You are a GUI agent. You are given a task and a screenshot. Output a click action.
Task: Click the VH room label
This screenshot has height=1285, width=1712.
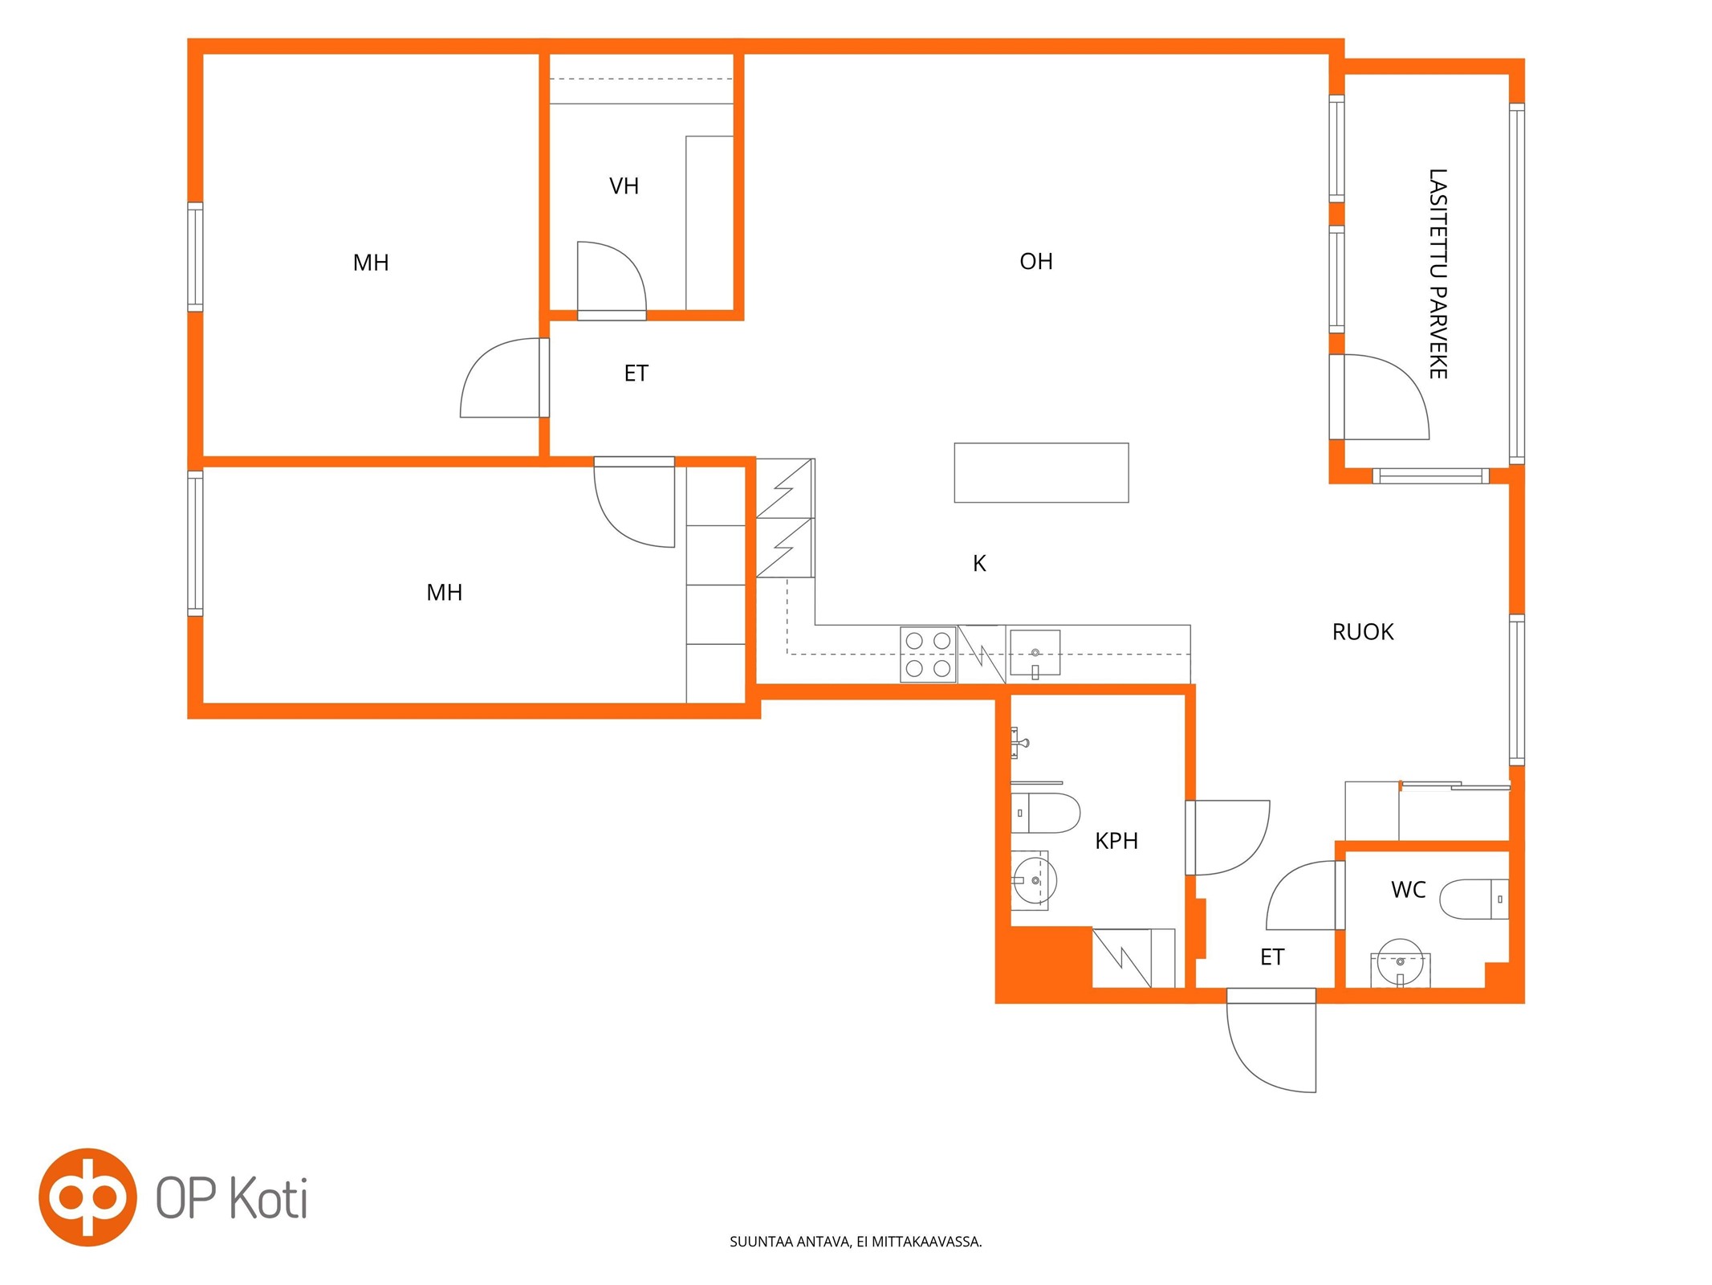(x=624, y=186)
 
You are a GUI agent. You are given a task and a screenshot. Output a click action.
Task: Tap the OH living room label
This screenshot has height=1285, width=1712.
(x=1035, y=262)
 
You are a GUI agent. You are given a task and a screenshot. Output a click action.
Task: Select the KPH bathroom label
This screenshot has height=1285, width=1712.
(x=1116, y=841)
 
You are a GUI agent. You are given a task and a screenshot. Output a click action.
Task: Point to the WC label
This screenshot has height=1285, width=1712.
(x=1408, y=890)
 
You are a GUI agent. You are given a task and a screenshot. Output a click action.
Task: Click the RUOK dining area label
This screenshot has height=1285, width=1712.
(x=1363, y=632)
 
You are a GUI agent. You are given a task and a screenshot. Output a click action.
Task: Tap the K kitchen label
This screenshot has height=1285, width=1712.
(x=979, y=564)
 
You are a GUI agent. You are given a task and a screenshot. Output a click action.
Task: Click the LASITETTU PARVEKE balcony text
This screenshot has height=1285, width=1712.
(x=1438, y=274)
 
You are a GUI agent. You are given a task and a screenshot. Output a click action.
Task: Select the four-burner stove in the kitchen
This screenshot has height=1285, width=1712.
(x=928, y=655)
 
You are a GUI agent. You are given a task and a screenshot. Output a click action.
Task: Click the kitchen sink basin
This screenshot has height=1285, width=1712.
(x=1035, y=653)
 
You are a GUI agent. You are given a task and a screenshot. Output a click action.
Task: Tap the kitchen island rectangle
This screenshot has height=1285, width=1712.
(x=1041, y=473)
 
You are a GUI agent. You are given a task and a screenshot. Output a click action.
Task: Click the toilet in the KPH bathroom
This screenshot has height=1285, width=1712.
(x=1045, y=813)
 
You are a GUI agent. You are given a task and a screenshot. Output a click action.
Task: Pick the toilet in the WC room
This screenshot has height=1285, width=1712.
(x=1474, y=899)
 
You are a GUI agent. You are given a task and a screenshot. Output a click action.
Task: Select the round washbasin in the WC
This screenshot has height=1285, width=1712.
(x=1400, y=962)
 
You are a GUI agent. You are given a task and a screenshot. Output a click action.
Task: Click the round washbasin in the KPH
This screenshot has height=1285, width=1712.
(x=1035, y=880)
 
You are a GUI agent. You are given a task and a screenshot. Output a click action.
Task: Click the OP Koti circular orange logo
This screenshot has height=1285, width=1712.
(x=87, y=1197)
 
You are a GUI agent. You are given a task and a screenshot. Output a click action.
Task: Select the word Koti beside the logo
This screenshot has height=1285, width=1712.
(x=269, y=1198)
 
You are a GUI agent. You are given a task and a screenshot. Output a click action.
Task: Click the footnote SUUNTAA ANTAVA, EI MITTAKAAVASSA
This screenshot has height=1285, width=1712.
(x=856, y=1242)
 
